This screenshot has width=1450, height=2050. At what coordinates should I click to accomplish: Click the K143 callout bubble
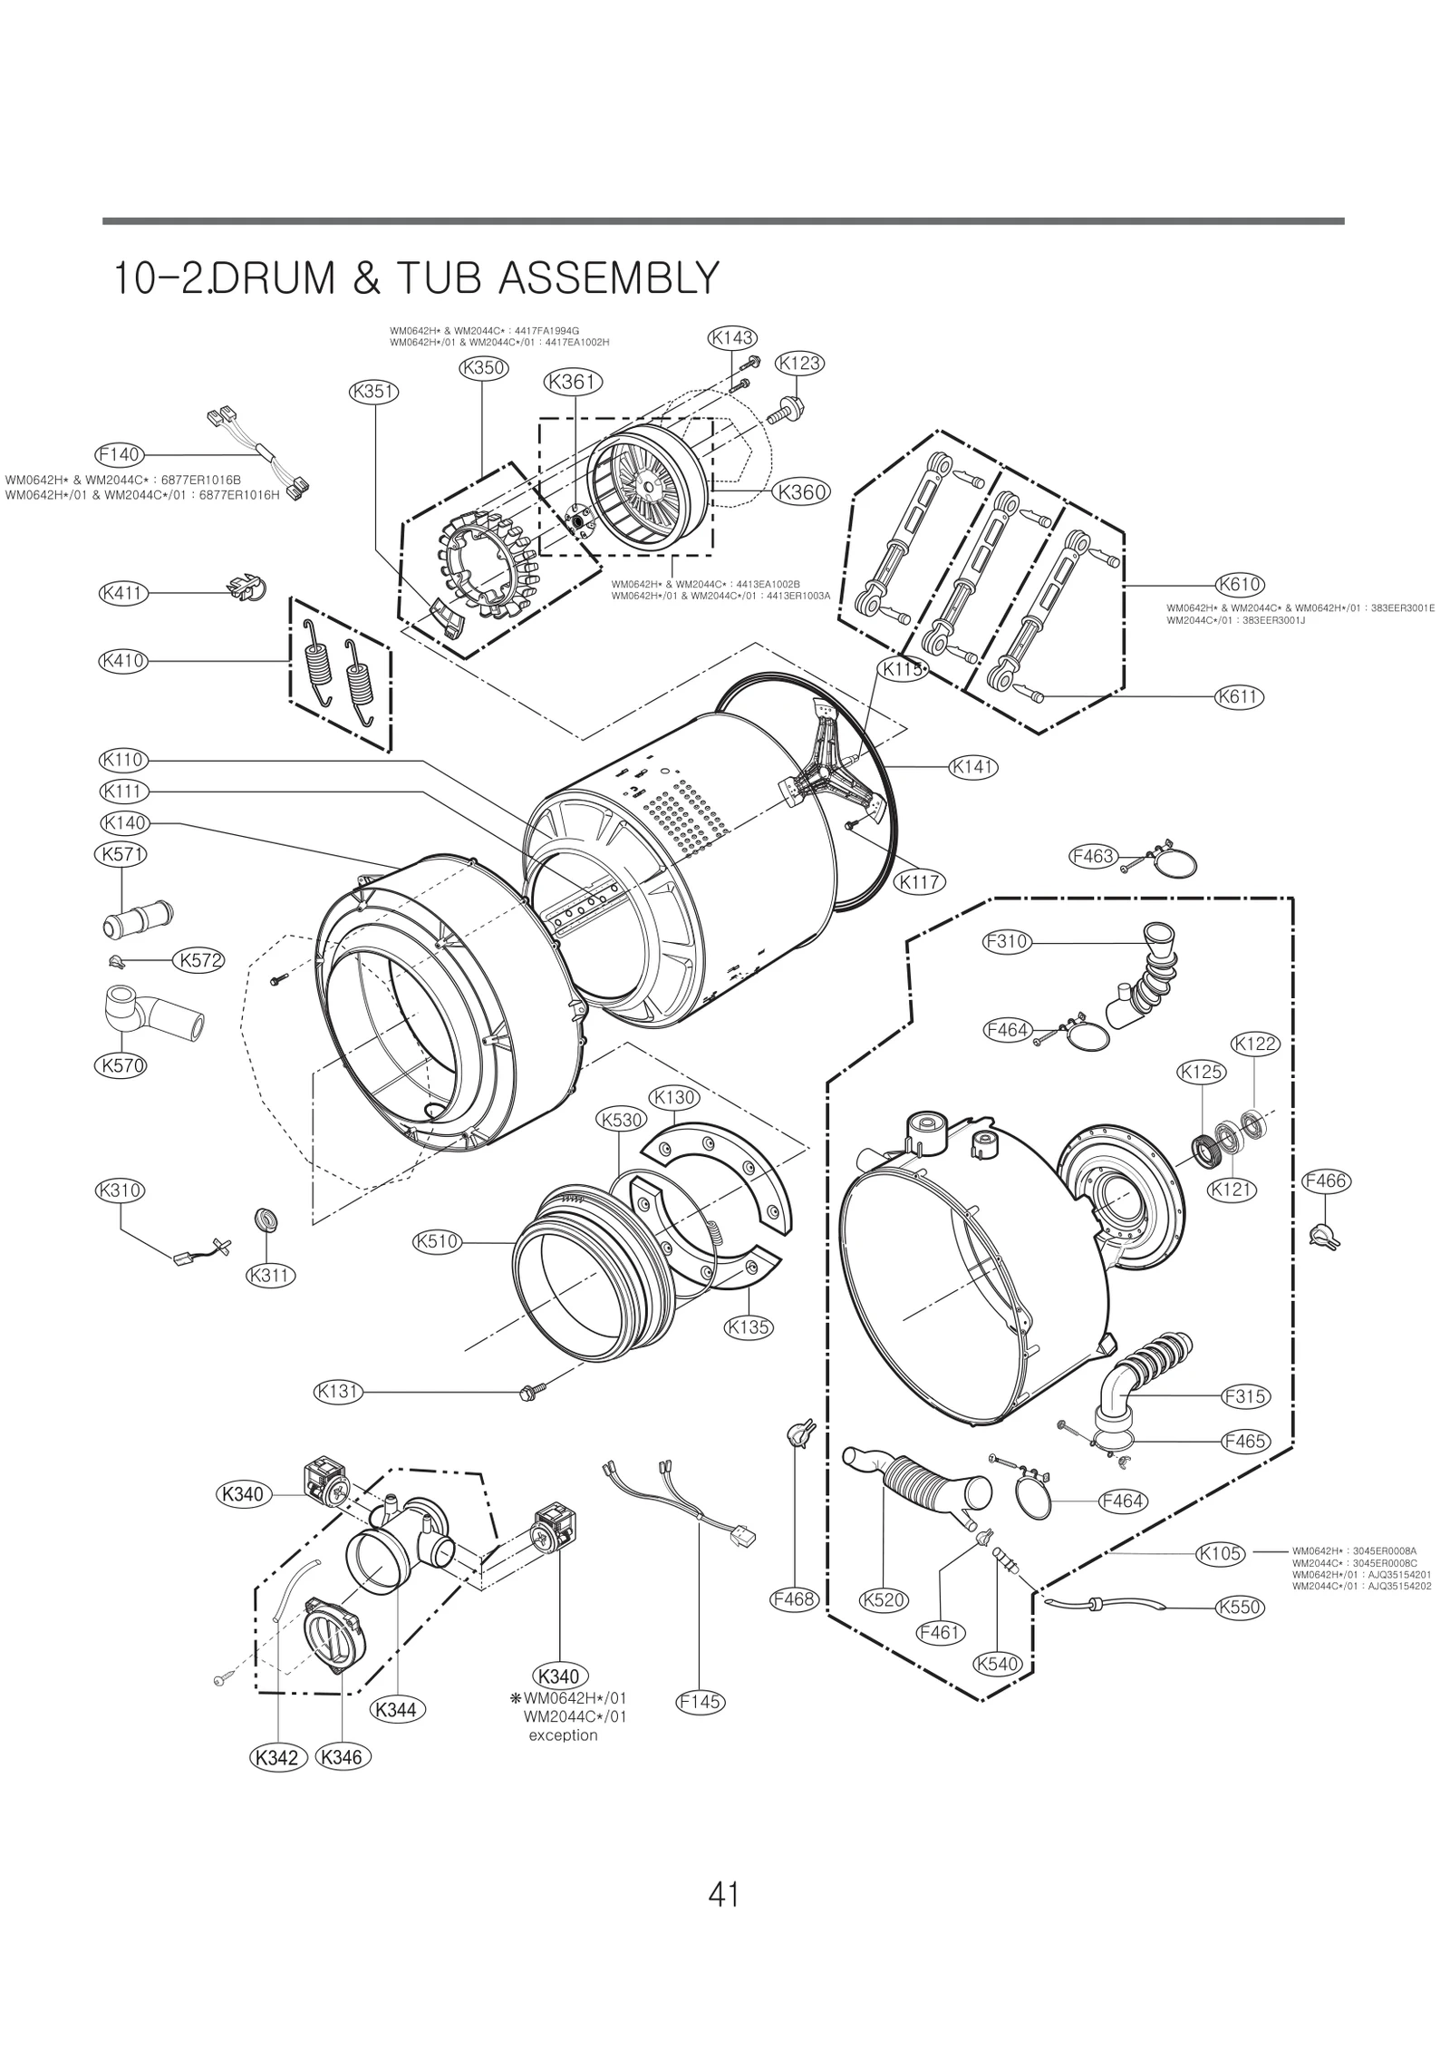click(731, 338)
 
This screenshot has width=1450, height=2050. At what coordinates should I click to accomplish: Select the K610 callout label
click(1239, 585)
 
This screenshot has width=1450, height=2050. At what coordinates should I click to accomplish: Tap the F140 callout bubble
click(118, 453)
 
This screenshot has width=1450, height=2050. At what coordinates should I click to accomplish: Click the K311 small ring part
click(267, 1219)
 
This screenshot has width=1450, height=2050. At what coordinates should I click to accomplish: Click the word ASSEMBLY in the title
click(608, 278)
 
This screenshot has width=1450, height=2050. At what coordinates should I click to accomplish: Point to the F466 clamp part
click(1324, 1236)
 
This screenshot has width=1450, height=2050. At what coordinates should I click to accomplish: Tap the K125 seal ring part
click(1205, 1148)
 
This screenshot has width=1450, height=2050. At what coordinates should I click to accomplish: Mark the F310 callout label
click(1007, 941)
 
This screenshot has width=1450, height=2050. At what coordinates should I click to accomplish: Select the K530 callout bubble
click(620, 1119)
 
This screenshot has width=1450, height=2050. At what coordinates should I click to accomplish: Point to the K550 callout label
click(1239, 1608)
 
